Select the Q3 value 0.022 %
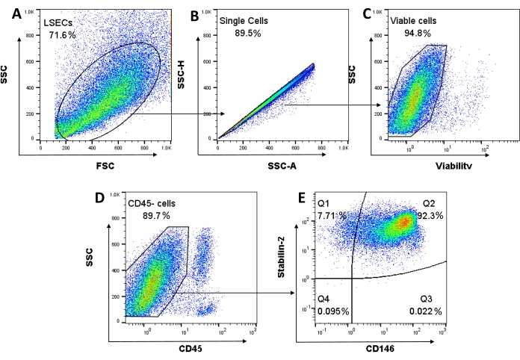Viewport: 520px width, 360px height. (x=427, y=310)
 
